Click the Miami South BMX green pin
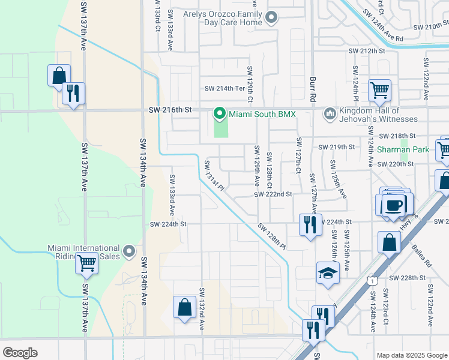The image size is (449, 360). click(x=220, y=113)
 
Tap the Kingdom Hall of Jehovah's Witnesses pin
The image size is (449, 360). click(x=330, y=113)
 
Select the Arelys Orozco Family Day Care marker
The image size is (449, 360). click(x=271, y=17)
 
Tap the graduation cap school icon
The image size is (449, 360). click(x=328, y=274)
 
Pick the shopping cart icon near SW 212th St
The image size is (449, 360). click(x=379, y=91)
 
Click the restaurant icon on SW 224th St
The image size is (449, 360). click(x=310, y=224)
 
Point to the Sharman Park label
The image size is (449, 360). click(x=403, y=149)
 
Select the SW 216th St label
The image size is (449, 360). click(x=170, y=110)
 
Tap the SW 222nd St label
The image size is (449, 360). click(x=273, y=194)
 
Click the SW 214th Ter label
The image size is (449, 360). click(x=226, y=88)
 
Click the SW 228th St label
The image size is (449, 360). click(x=407, y=278)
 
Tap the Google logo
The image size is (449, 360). click(x=20, y=352)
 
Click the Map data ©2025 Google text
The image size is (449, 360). click(x=411, y=355)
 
